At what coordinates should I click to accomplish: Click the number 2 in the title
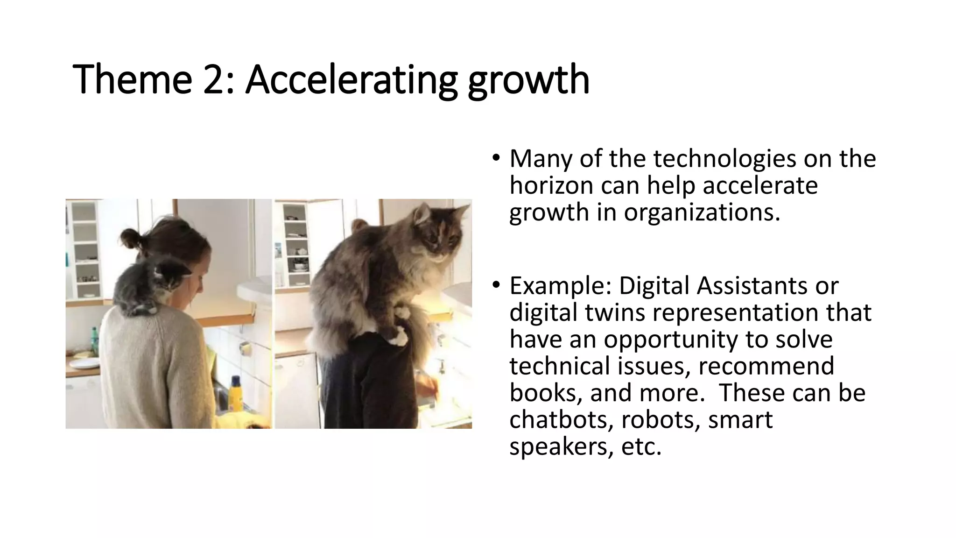[213, 80]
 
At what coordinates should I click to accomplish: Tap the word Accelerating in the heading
[351, 80]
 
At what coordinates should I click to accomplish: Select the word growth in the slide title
[528, 80]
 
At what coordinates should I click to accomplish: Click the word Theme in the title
[132, 80]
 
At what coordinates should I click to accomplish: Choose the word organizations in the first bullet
[702, 212]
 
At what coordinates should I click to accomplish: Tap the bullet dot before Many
[496, 158]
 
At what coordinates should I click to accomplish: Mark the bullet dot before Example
[496, 285]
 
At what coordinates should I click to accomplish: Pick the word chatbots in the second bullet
[561, 419]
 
